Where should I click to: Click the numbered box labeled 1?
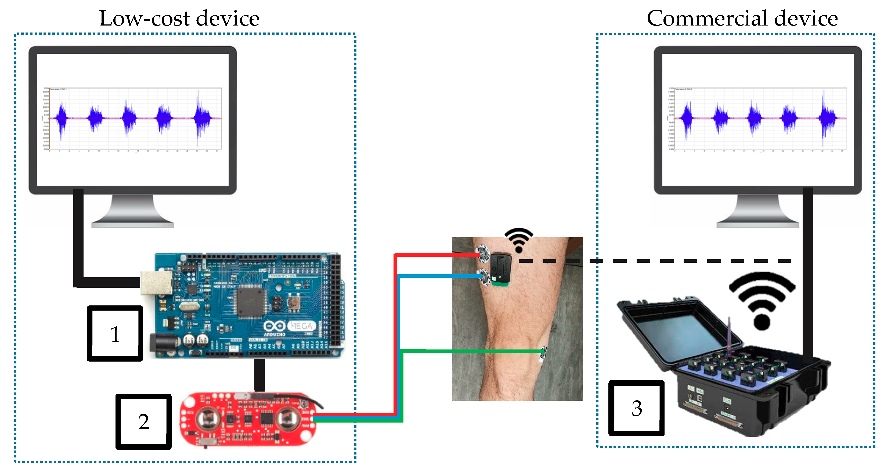pos(115,334)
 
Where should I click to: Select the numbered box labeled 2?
pos(143,421)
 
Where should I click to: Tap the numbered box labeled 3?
pos(636,408)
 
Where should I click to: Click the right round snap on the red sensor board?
pos(288,419)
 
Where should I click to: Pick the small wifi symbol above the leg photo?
pos(518,240)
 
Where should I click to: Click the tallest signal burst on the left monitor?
pos(201,117)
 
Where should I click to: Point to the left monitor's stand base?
pos(132,224)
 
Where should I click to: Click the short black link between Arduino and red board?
pos(260,375)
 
